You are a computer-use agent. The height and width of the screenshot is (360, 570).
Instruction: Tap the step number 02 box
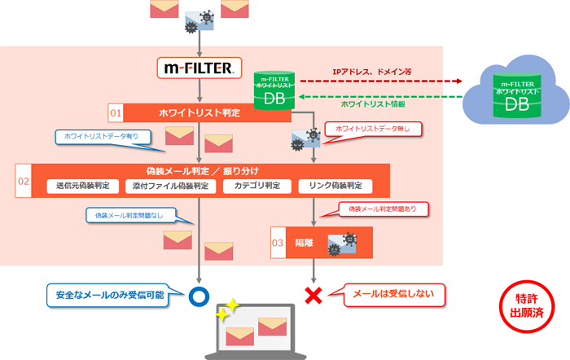click(24, 180)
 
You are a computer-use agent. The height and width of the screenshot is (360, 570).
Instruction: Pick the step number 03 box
click(278, 243)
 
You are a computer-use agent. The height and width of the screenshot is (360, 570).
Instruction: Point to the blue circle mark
click(197, 295)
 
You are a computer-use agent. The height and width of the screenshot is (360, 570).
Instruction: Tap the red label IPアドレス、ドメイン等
click(372, 72)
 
